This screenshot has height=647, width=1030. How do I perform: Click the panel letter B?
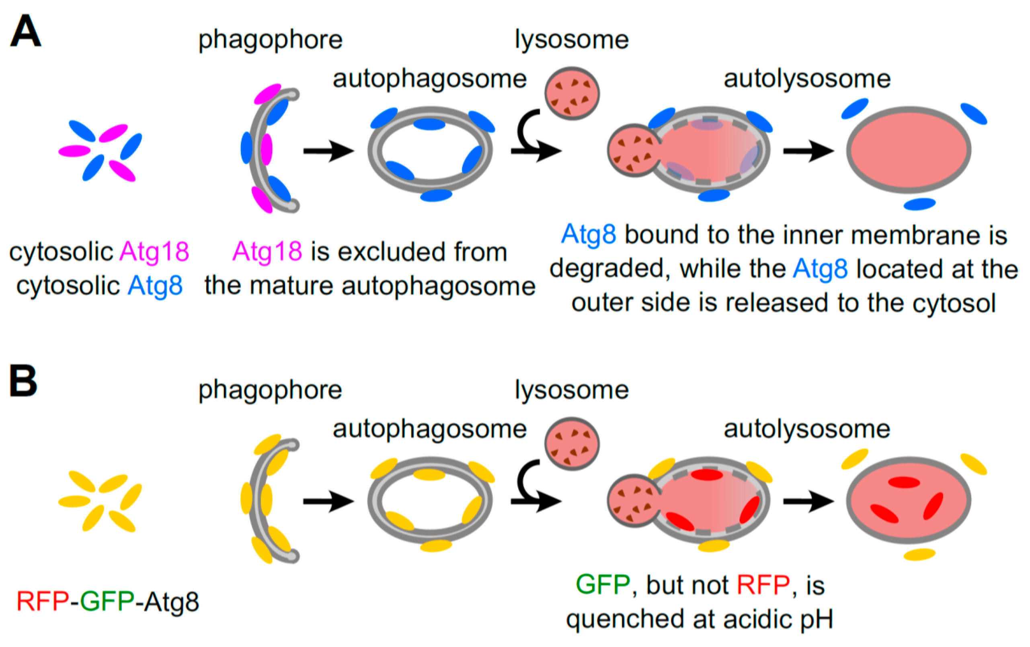24,381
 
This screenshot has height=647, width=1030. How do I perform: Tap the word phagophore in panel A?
270,40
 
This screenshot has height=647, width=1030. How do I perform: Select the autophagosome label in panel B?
429,429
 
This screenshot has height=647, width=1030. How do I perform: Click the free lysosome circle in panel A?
572,94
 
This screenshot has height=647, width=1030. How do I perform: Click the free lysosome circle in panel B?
572,444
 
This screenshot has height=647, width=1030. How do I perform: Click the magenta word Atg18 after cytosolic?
154,252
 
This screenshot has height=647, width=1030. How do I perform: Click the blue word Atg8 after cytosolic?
155,286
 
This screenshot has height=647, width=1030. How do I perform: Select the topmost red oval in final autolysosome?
904,482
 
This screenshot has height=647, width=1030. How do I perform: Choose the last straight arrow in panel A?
808,151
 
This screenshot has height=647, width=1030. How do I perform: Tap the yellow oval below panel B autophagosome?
436,546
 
